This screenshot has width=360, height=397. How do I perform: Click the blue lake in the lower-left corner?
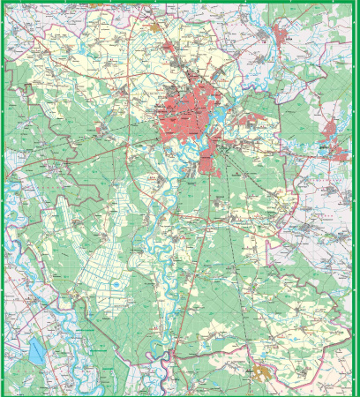[x=36, y=353]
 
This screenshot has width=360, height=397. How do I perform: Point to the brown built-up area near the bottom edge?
[x=262, y=374]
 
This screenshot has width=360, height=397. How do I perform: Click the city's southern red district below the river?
[x=208, y=159]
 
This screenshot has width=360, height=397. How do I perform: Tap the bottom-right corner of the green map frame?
[x=356, y=393]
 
